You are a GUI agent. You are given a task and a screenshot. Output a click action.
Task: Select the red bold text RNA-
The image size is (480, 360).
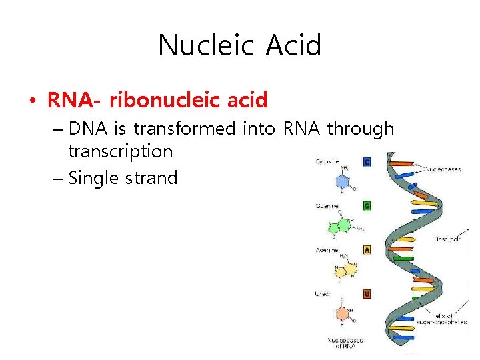coord(74,101)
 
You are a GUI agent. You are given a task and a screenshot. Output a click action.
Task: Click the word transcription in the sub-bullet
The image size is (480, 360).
coord(120,151)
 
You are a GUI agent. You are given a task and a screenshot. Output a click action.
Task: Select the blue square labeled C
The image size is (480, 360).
coord(367,161)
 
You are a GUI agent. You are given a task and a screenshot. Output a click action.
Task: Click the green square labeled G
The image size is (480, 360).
coord(367,206)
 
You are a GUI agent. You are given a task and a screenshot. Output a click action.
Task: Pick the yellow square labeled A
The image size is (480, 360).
coord(367,250)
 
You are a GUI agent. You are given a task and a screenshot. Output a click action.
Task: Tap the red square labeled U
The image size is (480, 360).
coord(367,293)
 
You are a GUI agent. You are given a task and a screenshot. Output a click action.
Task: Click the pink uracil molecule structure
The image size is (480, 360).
coord(343,313)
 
